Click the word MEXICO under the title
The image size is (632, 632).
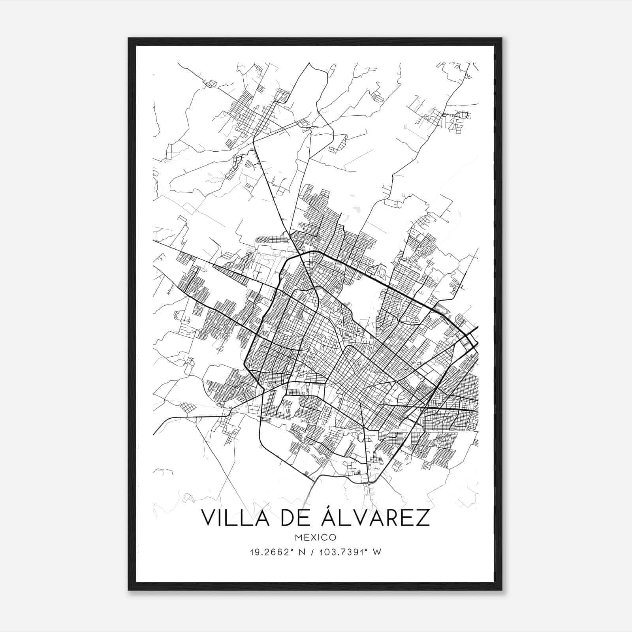click(316, 538)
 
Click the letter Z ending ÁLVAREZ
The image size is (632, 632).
click(422, 518)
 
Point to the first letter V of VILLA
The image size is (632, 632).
click(209, 518)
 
